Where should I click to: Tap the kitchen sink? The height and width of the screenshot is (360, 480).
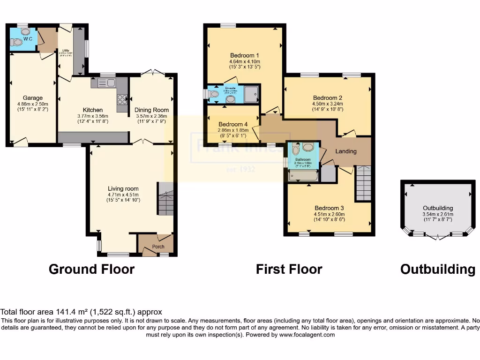[106, 83]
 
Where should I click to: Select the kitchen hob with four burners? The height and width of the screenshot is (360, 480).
[122, 99]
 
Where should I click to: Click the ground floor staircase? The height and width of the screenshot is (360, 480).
[165, 199]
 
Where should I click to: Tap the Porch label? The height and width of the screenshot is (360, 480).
[158, 247]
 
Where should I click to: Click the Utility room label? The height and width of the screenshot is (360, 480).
[66, 50]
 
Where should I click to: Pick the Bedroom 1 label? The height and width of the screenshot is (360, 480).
[244, 55]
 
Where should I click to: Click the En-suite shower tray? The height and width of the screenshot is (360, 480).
[252, 93]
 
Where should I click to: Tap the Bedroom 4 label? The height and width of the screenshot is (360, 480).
[232, 124]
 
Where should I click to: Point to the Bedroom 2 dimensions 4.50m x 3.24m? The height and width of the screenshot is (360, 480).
[328, 104]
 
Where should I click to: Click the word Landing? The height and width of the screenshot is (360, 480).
[346, 151]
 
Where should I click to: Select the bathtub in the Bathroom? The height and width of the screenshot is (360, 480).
[303, 176]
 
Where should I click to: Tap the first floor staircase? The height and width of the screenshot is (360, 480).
[363, 183]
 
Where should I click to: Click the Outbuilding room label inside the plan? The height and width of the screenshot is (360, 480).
[437, 208]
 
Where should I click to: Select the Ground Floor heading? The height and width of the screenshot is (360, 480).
[91, 269]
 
